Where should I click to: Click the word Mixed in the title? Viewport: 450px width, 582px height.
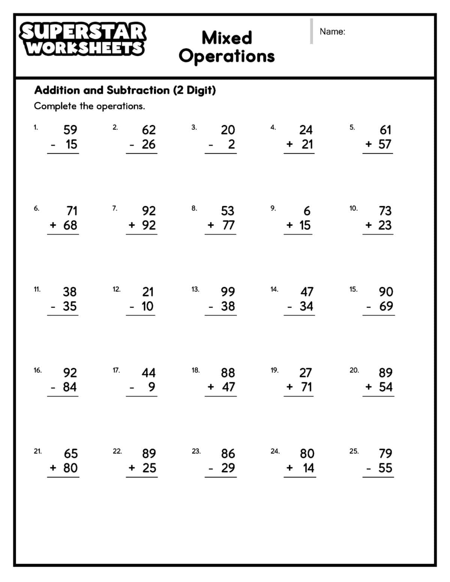pyautogui.click(x=226, y=38)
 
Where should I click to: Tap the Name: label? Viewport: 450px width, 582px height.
pyautogui.click(x=332, y=32)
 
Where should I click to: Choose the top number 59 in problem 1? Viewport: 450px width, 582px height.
pyautogui.click(x=70, y=130)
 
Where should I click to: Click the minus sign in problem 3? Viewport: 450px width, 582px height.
pyautogui.click(x=211, y=145)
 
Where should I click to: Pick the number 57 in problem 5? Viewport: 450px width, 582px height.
pyautogui.click(x=385, y=144)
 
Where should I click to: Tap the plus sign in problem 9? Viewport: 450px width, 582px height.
pyautogui.click(x=289, y=225)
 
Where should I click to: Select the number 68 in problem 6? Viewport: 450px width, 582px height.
pyautogui.click(x=70, y=225)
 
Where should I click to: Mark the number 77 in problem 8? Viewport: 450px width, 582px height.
pyautogui.click(x=228, y=225)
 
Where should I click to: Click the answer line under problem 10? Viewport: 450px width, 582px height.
pyautogui.click(x=378, y=234)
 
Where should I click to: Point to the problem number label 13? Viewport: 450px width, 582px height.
pyautogui.click(x=195, y=289)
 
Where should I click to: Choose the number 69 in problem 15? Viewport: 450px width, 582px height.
pyautogui.click(x=386, y=306)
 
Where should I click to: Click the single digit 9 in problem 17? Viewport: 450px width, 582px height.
pyautogui.click(x=151, y=387)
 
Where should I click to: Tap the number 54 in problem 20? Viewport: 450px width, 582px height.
pyautogui.click(x=385, y=387)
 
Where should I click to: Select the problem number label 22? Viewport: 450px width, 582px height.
pyautogui.click(x=117, y=451)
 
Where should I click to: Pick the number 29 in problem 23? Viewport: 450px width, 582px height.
pyautogui.click(x=228, y=468)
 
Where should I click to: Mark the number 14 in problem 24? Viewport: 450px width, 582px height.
pyautogui.click(x=309, y=468)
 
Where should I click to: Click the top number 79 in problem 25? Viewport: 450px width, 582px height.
pyautogui.click(x=385, y=453)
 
